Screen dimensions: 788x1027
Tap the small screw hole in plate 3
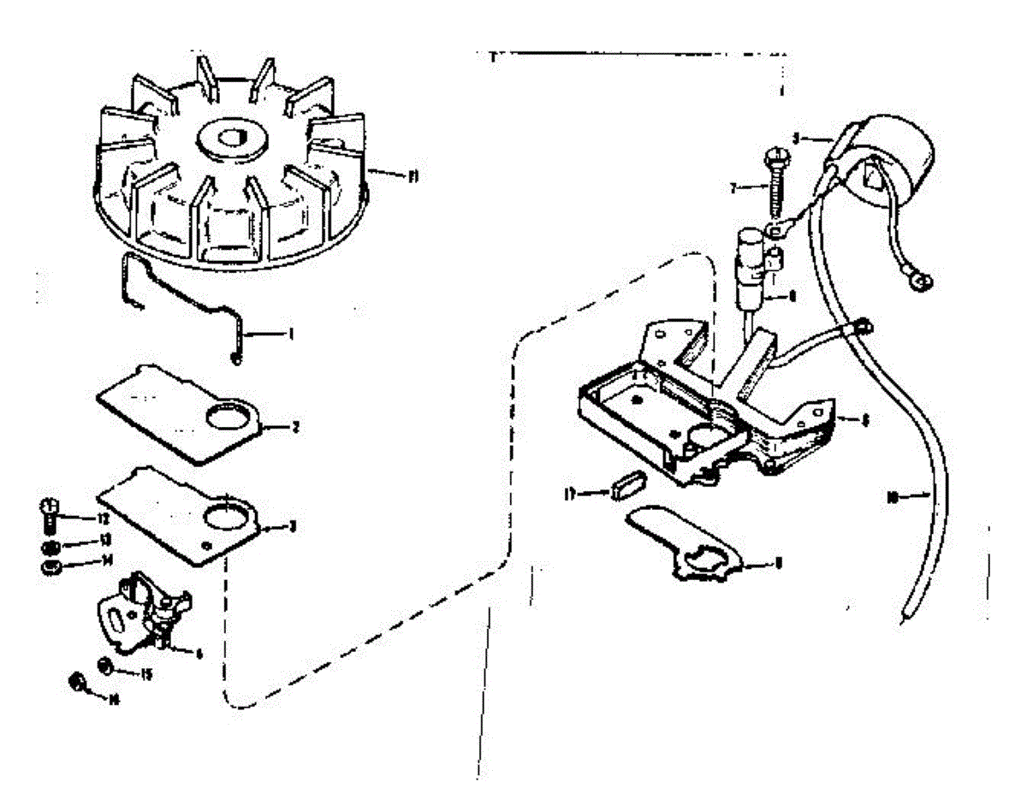point(206,545)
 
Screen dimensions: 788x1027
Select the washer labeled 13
point(50,547)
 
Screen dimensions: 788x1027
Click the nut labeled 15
point(105,666)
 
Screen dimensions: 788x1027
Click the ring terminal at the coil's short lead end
point(924,280)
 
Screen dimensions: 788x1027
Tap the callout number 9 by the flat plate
point(777,562)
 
